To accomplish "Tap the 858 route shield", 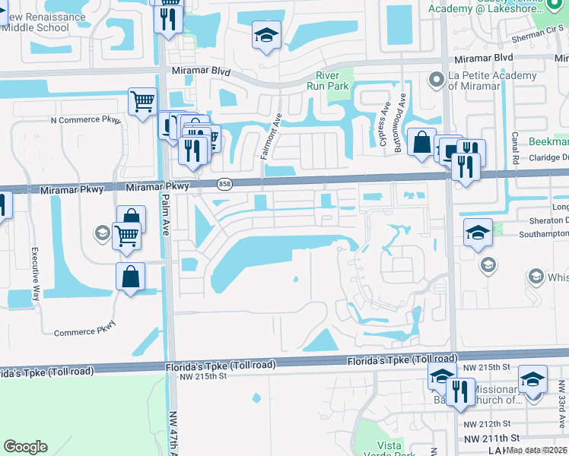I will point(224,184).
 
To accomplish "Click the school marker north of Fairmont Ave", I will point(266,35).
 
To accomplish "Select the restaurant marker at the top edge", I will point(168,16).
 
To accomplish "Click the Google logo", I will point(25,447).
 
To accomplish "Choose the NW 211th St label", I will point(491,438).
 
